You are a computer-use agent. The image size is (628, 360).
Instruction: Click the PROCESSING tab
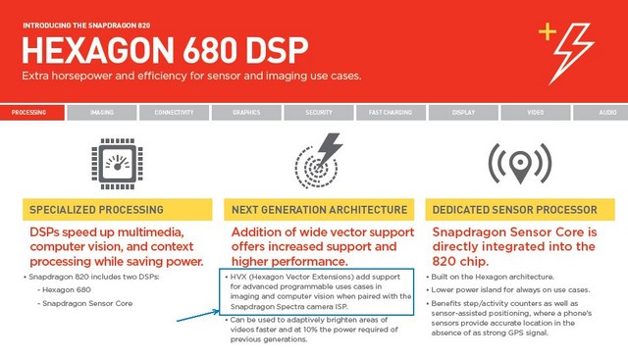point(29,113)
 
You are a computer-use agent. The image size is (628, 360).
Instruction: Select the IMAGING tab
point(101,113)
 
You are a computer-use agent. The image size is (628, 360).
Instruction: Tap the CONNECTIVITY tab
point(174,113)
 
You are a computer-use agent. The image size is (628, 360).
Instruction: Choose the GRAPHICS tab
point(246,113)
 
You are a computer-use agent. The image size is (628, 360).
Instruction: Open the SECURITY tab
point(319,113)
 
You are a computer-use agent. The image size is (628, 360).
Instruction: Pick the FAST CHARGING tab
point(390,113)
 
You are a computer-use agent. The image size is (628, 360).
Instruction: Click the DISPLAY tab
point(463,113)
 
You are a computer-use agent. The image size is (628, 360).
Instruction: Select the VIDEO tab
point(535,113)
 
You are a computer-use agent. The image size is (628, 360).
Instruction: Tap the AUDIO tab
point(607,113)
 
